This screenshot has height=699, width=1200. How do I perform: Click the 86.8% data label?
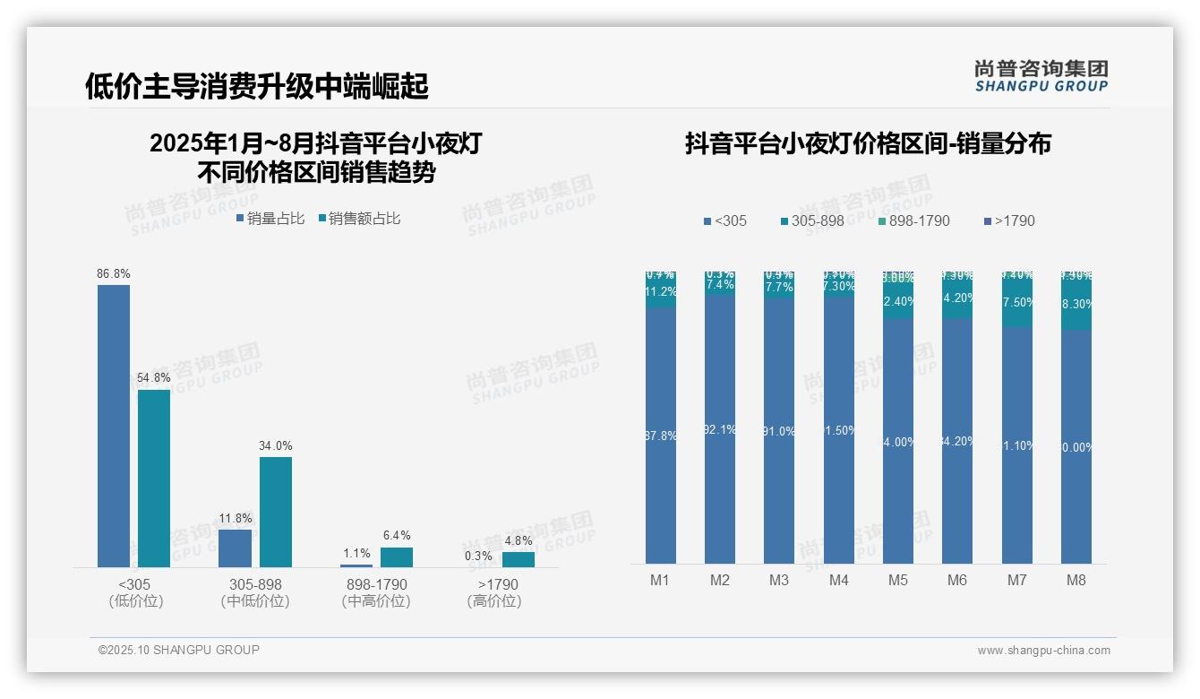tap(114, 273)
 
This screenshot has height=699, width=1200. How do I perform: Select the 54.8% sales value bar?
tap(154, 478)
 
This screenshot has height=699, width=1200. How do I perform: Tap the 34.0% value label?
tap(276, 445)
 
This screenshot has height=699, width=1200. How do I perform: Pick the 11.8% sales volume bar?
tap(235, 548)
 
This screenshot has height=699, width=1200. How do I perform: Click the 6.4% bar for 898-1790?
tap(397, 557)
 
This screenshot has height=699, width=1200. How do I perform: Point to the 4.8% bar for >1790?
tap(519, 559)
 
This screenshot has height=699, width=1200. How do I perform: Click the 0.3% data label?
tap(478, 556)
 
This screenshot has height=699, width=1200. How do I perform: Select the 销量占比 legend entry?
tap(270, 219)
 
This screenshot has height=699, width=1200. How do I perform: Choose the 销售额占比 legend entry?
tap(359, 219)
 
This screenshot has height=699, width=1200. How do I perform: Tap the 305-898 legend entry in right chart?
tap(811, 220)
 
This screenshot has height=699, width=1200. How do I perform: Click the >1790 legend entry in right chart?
tap(1009, 220)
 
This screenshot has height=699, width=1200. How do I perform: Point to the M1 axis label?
tap(660, 580)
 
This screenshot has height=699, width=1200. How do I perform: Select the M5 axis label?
tap(898, 580)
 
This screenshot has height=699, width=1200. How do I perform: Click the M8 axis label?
tap(1076, 580)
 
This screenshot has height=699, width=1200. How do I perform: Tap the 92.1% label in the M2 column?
tap(720, 429)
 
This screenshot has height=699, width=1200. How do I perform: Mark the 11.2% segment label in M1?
tap(661, 291)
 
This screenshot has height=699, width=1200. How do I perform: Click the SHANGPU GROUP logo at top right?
tap(1041, 76)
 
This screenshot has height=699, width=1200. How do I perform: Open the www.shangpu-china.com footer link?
tap(1043, 651)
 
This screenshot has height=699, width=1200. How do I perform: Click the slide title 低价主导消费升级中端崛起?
tap(257, 86)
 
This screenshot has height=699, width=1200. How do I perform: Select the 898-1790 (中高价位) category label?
tap(376, 592)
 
